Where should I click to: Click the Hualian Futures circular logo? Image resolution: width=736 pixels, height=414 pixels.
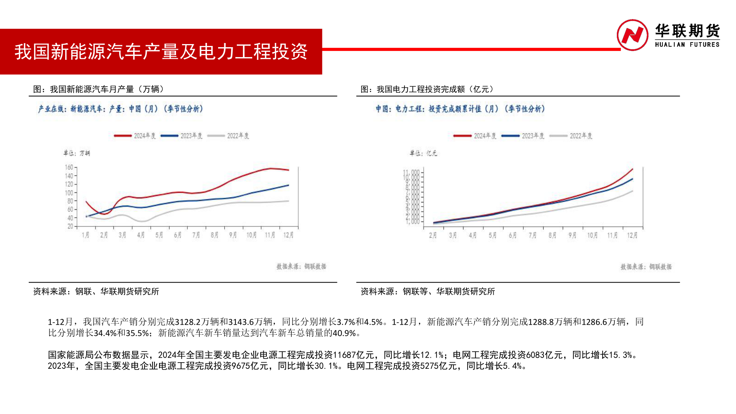point(632,35)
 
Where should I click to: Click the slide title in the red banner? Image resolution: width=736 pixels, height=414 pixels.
point(161,51)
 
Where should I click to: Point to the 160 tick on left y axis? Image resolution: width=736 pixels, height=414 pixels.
point(69,168)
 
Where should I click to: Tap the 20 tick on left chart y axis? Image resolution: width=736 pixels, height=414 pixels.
point(70,227)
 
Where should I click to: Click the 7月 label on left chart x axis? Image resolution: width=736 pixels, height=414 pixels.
point(196,235)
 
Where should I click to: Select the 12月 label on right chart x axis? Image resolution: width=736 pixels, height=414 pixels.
point(632,235)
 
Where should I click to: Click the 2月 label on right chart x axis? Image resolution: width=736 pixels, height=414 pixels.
point(433,235)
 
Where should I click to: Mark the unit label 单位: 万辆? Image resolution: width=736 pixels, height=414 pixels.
point(77,153)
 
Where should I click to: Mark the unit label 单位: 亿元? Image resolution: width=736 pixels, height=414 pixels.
point(423,153)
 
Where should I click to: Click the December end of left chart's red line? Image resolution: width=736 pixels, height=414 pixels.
point(288,170)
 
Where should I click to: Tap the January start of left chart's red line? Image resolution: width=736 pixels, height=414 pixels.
point(86,202)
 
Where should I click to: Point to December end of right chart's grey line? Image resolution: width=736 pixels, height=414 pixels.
point(632,191)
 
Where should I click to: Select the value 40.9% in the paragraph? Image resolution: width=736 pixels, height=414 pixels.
point(344,333)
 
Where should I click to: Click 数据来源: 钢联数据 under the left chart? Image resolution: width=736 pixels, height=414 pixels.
point(301,266)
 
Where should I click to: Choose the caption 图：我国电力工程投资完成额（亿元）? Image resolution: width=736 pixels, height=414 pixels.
point(427,89)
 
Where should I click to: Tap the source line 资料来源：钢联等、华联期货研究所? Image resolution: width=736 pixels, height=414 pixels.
point(427,292)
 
